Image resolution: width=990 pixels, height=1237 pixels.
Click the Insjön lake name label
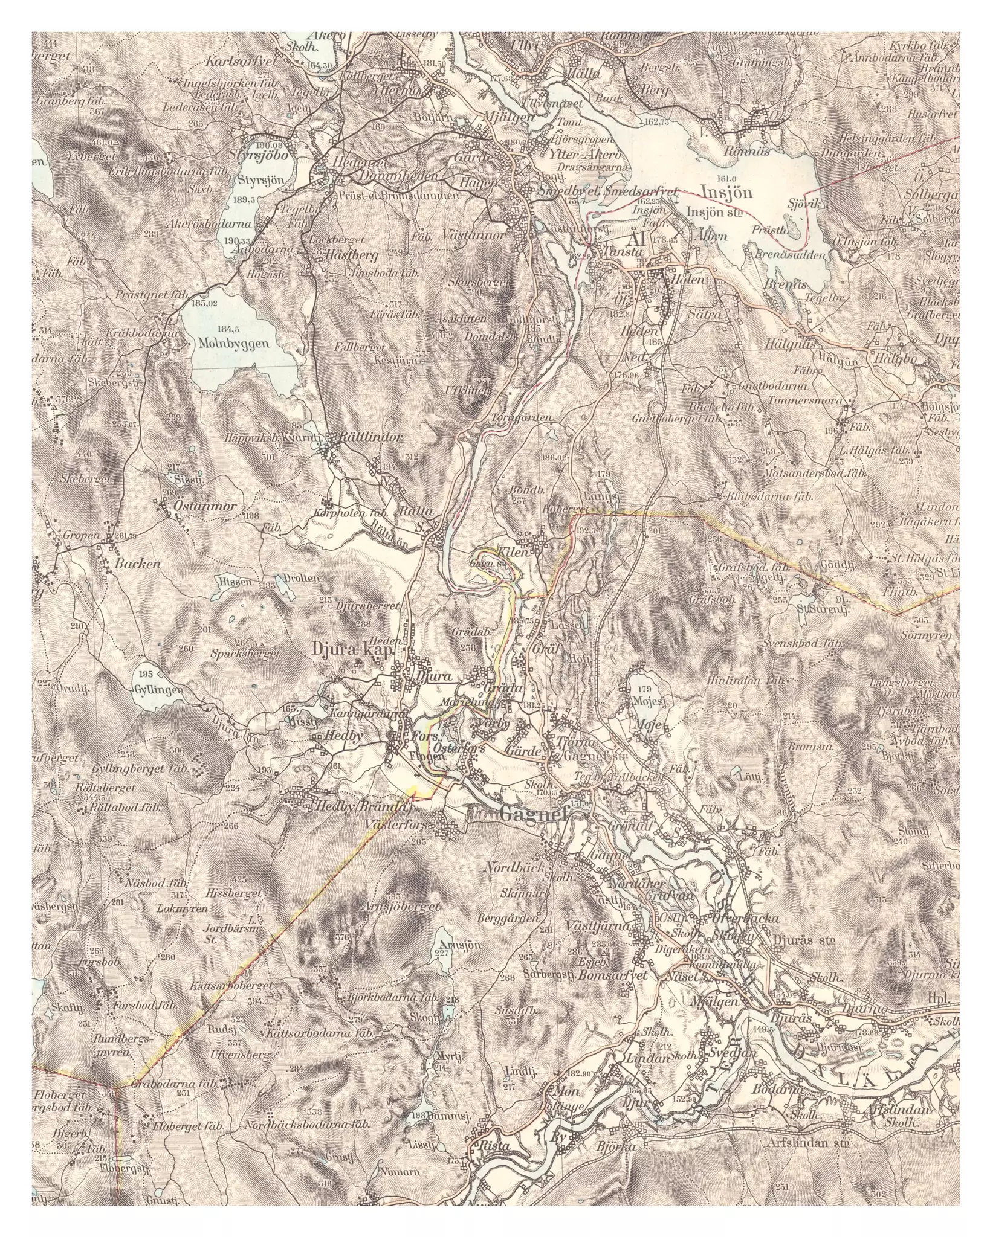point(727,192)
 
